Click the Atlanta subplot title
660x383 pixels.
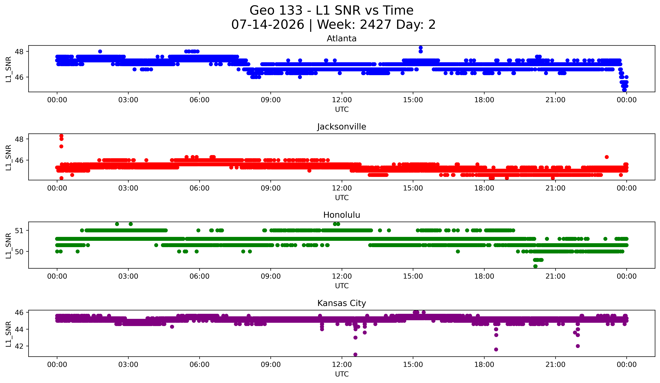click(342, 39)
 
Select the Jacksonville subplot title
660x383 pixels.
click(342, 127)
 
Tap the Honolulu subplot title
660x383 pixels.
click(342, 215)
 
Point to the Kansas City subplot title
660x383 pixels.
click(342, 303)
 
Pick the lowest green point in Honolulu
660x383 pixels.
click(535, 266)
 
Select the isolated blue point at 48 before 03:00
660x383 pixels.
click(100, 51)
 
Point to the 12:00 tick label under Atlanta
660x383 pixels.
click(342, 100)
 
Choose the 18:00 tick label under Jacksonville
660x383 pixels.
click(484, 188)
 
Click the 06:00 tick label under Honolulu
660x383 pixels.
click(200, 276)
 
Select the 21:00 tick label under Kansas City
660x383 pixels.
click(556, 365)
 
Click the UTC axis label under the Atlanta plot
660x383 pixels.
click(342, 109)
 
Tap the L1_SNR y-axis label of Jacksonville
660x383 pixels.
click(8, 158)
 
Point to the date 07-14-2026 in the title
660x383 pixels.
click(268, 25)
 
